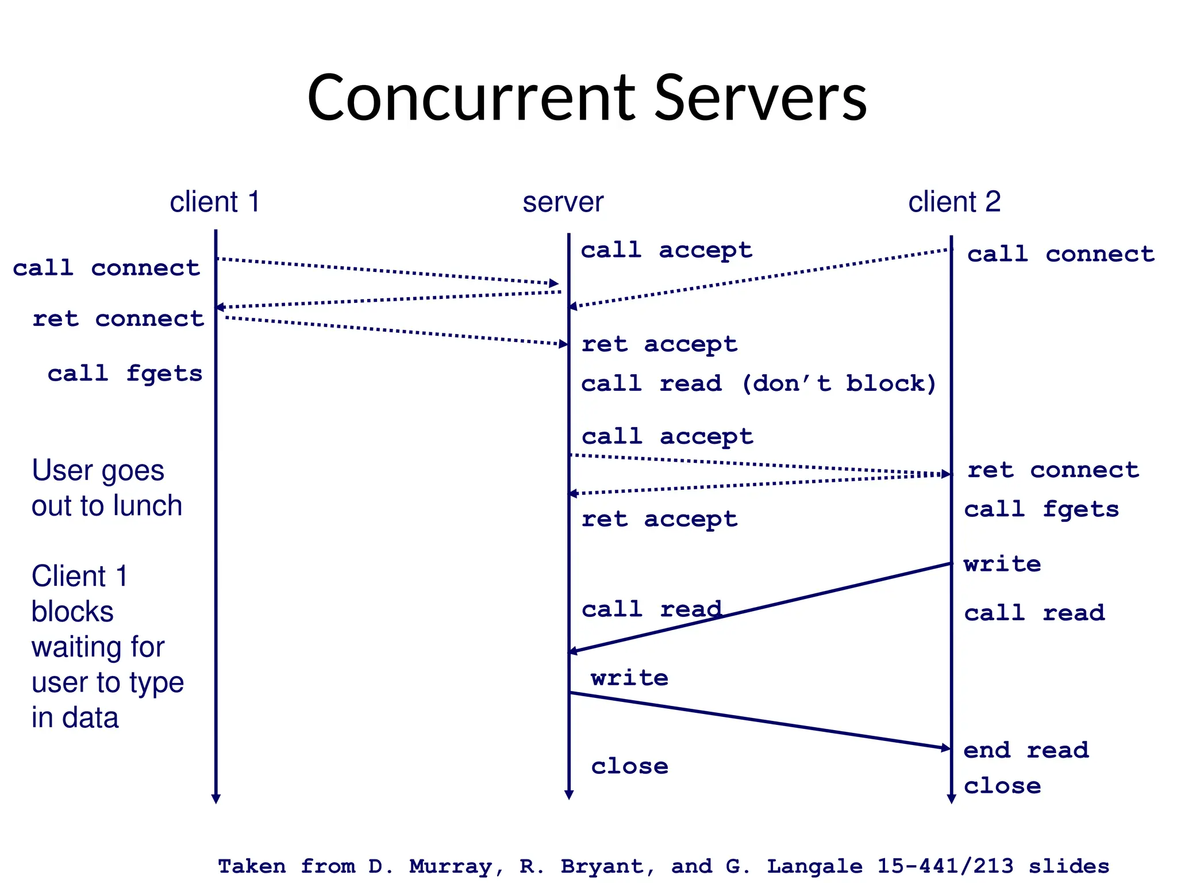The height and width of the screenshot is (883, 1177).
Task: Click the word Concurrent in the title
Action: click(x=471, y=98)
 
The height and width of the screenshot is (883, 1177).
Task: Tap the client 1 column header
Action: click(x=215, y=202)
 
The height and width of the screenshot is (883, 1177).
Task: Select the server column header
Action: click(x=563, y=202)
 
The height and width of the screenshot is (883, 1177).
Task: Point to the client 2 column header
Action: click(x=954, y=202)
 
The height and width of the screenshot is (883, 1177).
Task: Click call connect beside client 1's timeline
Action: click(x=106, y=268)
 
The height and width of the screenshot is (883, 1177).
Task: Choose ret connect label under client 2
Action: click(x=1053, y=470)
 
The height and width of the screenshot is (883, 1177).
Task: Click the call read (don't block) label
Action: click(x=759, y=383)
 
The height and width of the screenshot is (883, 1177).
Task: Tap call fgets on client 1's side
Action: click(x=125, y=374)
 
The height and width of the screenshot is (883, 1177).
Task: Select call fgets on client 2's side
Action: click(x=1041, y=509)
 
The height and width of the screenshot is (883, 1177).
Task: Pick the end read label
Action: click(x=1026, y=750)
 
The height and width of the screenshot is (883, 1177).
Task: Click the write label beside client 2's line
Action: click(x=1002, y=564)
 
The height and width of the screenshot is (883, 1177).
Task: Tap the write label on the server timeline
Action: click(x=629, y=678)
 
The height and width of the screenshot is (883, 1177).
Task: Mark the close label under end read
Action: click(x=1002, y=786)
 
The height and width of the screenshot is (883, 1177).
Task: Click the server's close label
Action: click(x=629, y=766)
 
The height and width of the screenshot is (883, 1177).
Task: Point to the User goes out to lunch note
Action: click(x=106, y=488)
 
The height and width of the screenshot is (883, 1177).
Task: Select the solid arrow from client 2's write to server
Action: click(x=759, y=608)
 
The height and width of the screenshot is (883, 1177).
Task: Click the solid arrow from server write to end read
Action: click(x=759, y=720)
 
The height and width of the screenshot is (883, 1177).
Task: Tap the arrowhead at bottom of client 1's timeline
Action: click(x=216, y=799)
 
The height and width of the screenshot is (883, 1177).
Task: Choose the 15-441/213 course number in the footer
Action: click(x=945, y=866)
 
